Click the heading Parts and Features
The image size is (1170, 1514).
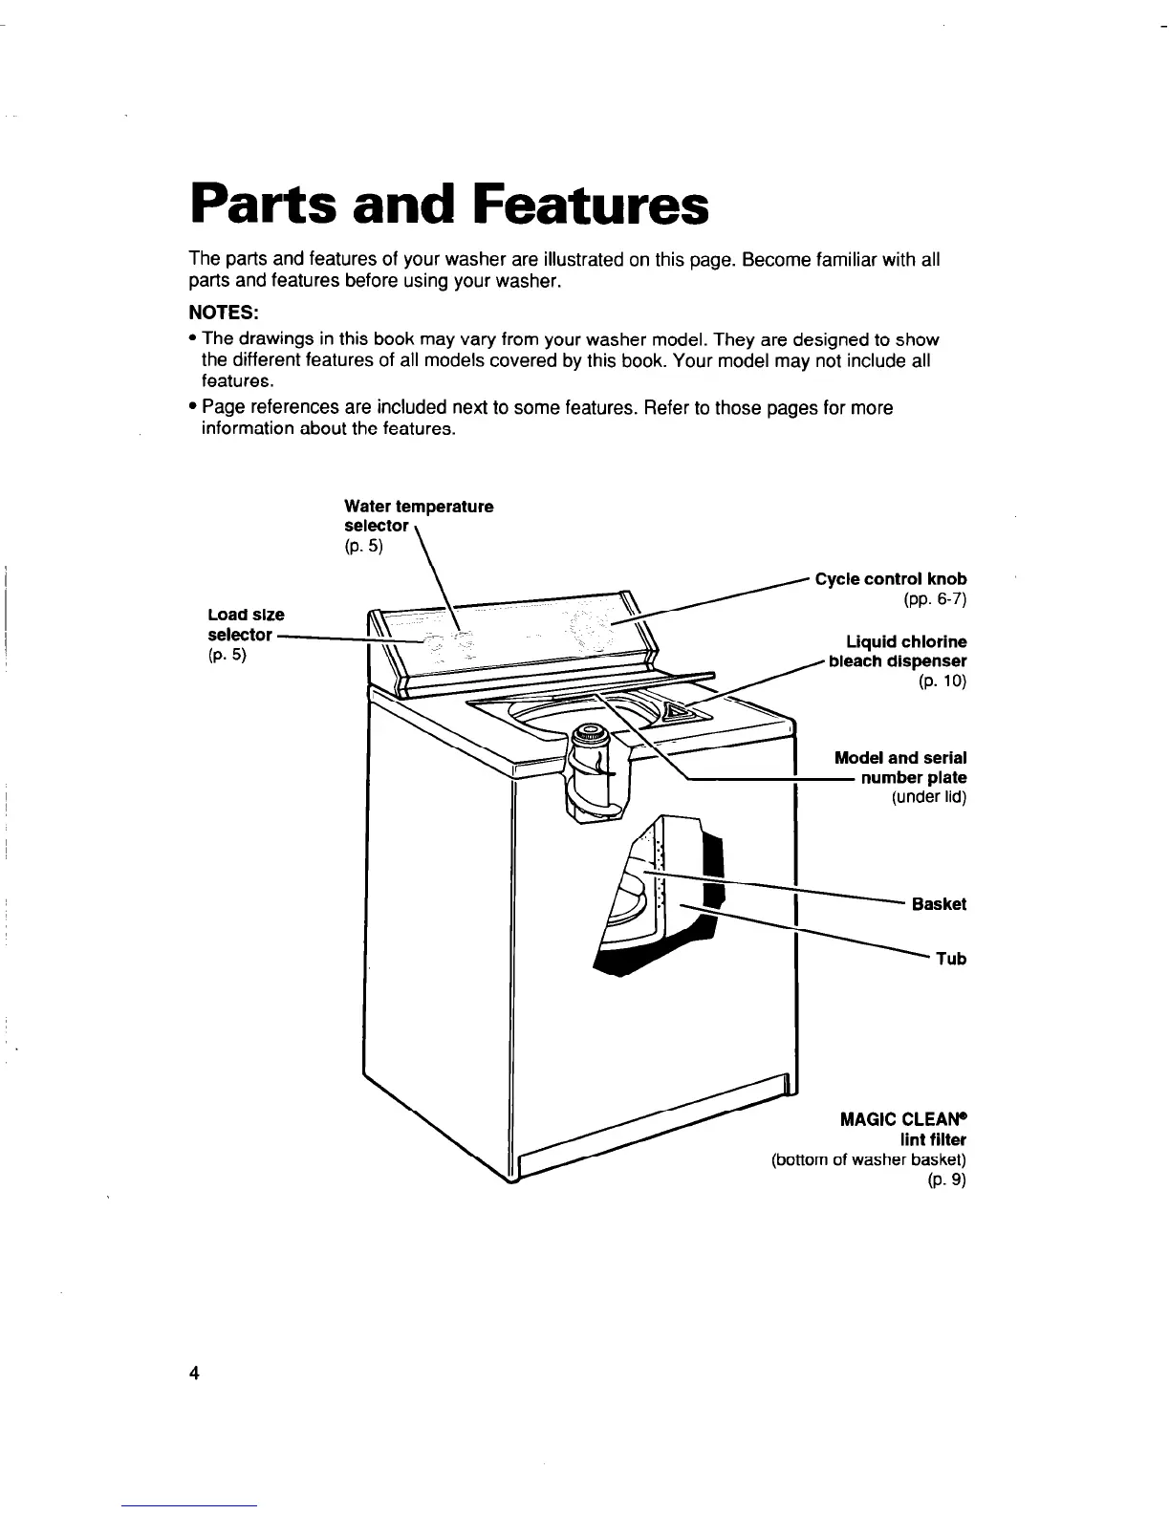[449, 205]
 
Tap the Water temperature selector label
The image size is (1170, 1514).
[418, 516]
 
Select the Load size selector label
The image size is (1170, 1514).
[246, 624]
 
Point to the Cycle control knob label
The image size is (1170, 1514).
[890, 578]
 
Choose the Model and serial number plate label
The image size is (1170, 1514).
[900, 768]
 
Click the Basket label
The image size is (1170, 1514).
[939, 903]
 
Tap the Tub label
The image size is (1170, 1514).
[951, 958]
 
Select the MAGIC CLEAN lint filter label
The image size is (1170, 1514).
[903, 1129]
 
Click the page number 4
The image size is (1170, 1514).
[194, 1373]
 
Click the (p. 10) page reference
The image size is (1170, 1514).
[942, 681]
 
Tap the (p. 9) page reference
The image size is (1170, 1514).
[946, 1180]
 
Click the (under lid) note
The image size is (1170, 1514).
[928, 798]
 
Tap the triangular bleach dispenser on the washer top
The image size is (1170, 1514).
[681, 711]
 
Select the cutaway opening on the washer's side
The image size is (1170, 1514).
[660, 894]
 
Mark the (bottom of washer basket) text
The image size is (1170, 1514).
[869, 1160]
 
